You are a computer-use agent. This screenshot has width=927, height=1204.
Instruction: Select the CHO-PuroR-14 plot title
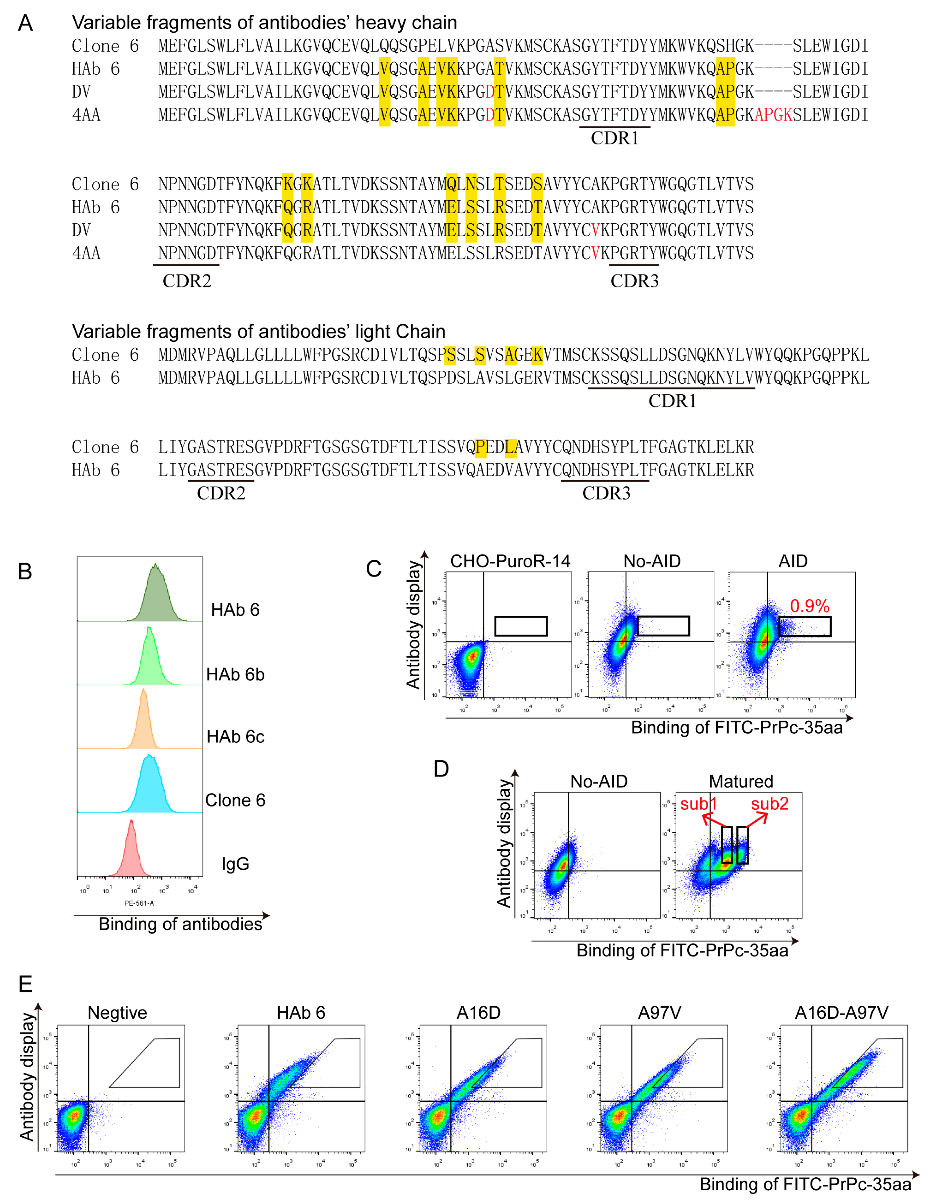click(x=510, y=561)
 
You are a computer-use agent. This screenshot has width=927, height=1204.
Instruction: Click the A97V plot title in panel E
click(x=659, y=1013)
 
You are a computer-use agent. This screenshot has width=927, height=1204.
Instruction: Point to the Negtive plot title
click(x=117, y=1013)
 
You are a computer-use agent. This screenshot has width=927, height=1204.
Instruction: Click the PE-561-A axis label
click(x=139, y=903)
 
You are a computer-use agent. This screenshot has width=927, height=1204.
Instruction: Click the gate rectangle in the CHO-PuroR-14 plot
click(x=521, y=626)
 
